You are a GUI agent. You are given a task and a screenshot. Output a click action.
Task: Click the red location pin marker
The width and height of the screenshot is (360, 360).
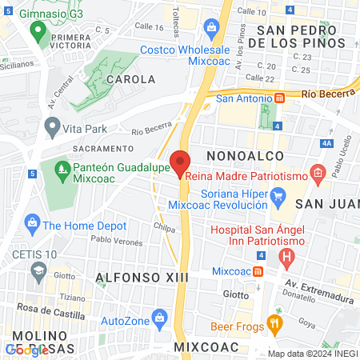(x=181, y=163)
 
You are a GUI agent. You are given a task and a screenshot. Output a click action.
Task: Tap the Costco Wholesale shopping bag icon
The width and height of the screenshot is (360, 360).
(x=212, y=30)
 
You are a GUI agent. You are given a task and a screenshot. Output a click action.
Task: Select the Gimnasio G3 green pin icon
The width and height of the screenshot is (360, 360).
(x=37, y=33)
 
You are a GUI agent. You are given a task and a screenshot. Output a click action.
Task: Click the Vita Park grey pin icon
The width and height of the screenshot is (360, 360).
(x=53, y=126)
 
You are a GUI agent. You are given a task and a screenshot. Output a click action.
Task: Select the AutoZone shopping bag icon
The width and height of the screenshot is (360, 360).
(x=160, y=317)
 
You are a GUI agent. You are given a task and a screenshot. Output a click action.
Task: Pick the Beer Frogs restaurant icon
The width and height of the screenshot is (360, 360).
(x=274, y=323)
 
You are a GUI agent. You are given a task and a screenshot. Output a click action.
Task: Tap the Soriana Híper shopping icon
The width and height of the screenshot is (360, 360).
(x=278, y=195)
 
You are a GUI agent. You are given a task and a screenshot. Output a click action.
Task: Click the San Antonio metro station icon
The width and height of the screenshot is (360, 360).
(x=279, y=98)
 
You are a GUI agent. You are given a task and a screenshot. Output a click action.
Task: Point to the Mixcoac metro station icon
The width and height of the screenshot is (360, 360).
(x=258, y=271)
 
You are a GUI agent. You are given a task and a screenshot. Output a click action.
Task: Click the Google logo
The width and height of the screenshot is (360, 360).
(x=27, y=350)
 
